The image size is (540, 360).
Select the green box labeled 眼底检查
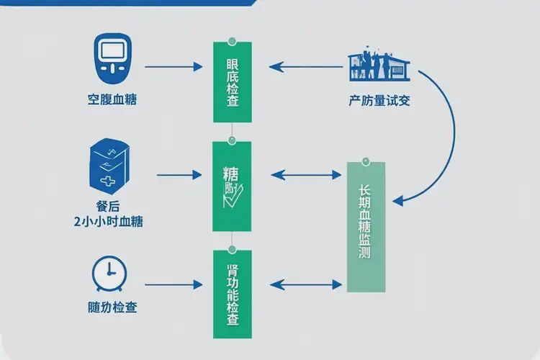233,82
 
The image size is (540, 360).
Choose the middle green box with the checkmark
233,186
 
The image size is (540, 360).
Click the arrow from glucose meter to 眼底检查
174,68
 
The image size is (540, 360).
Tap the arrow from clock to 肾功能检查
174,285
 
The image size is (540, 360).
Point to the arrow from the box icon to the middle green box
178,174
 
